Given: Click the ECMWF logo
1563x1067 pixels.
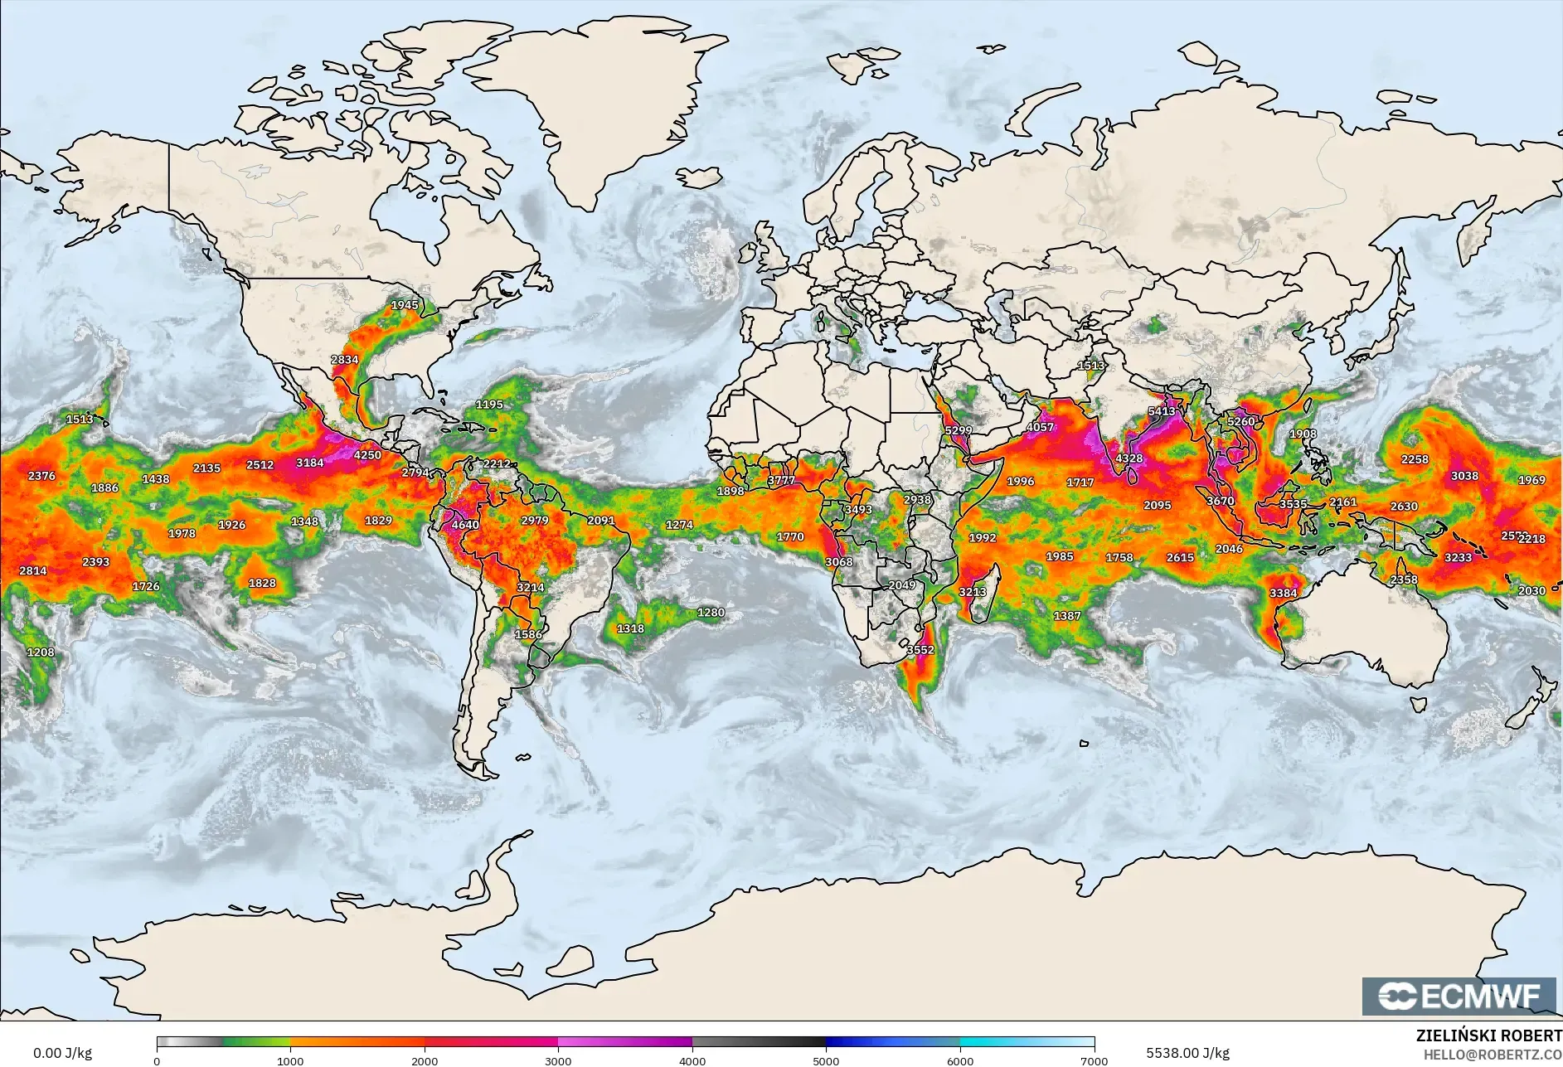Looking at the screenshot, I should click(x=1459, y=996).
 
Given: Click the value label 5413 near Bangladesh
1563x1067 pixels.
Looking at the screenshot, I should click(x=1162, y=411).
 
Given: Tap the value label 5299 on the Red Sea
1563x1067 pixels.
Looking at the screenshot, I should click(x=958, y=430).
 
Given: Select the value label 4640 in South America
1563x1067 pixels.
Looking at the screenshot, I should click(x=465, y=525).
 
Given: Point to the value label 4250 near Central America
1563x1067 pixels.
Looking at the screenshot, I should click(x=367, y=455).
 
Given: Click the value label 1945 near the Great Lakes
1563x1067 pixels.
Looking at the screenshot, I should click(x=405, y=305).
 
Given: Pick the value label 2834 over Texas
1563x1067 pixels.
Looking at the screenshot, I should click(x=345, y=360).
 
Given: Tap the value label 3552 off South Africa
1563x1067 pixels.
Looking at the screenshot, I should click(x=920, y=650).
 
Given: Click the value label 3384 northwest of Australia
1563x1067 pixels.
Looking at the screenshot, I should click(x=1283, y=593).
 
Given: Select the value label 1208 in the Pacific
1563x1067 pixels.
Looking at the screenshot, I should click(x=41, y=652).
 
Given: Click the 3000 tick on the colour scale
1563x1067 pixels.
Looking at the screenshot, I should click(x=558, y=1060).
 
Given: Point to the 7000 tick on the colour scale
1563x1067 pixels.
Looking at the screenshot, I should click(x=1094, y=1060).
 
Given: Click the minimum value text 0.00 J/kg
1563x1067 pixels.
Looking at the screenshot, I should click(x=62, y=1053).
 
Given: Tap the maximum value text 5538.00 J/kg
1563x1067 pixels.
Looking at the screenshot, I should click(x=1187, y=1053).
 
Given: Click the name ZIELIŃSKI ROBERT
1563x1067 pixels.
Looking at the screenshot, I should click(x=1488, y=1035).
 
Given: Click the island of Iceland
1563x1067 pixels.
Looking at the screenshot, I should click(x=699, y=177).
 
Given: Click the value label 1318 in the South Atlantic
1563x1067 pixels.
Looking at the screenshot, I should click(x=630, y=628).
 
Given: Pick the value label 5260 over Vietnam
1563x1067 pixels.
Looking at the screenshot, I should click(x=1241, y=422).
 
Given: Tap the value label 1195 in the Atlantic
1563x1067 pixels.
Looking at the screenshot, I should click(x=489, y=405).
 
